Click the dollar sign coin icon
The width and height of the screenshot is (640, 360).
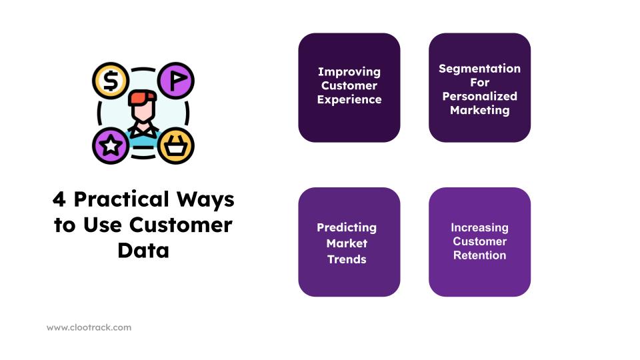click(111, 81)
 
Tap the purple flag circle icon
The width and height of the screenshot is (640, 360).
click(176, 81)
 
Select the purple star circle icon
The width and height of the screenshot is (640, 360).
click(111, 146)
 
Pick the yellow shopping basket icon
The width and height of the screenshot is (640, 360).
click(176, 146)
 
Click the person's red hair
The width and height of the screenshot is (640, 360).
click(143, 98)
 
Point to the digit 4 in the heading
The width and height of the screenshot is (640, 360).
click(59, 199)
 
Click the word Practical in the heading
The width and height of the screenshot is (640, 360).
click(121, 199)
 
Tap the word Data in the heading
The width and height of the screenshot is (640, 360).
click(143, 250)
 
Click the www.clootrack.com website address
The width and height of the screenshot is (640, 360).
click(89, 327)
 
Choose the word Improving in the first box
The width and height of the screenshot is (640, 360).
click(349, 72)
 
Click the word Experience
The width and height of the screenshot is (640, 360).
click(349, 99)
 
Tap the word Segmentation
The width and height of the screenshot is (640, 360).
click(479, 69)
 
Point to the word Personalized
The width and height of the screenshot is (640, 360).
click(479, 96)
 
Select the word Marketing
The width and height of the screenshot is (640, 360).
click(479, 111)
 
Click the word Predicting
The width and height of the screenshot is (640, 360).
click(347, 228)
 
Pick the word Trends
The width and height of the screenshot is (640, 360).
click(347, 259)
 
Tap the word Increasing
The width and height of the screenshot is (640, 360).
click(479, 228)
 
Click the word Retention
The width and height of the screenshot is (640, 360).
click(479, 255)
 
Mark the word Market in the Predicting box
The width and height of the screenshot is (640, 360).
click(347, 243)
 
